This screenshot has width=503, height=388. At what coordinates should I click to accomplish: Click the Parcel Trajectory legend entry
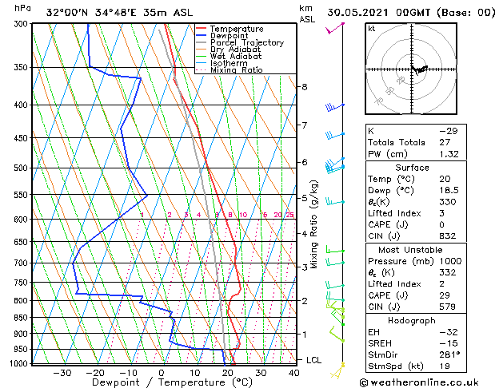246,42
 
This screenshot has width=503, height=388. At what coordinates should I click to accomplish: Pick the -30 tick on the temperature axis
62,373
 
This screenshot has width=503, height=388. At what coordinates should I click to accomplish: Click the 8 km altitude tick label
305,86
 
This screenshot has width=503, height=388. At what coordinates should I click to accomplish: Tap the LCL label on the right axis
315,360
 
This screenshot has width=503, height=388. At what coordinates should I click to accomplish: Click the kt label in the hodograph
371,28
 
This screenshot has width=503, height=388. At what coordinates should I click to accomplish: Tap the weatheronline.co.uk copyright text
431,381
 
